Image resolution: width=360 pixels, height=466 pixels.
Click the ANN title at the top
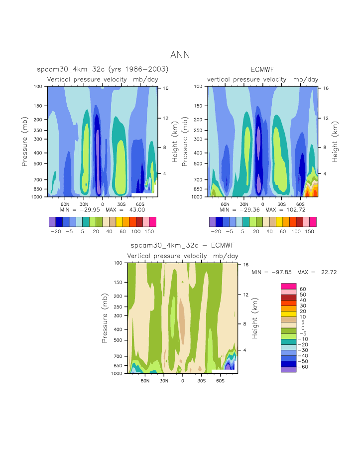180,55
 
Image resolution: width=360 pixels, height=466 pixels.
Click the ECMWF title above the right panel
262,69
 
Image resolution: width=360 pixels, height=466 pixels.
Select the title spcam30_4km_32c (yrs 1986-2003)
103,69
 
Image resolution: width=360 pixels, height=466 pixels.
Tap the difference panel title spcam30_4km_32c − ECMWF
182,246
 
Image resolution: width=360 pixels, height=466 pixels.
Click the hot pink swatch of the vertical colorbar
289,286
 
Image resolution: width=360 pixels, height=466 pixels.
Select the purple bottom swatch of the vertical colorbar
289,369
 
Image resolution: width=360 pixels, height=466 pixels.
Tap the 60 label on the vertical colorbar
303,289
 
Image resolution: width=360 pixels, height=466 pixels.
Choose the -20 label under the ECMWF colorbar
216,232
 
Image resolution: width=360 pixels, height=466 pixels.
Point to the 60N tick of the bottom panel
145,381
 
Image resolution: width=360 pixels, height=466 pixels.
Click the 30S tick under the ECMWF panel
281,204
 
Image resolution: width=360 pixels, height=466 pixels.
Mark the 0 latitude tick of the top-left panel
103,204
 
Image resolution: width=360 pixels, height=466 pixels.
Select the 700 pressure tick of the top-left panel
39,179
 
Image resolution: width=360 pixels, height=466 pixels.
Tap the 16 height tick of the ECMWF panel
326,88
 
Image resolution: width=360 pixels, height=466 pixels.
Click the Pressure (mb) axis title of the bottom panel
106,317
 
